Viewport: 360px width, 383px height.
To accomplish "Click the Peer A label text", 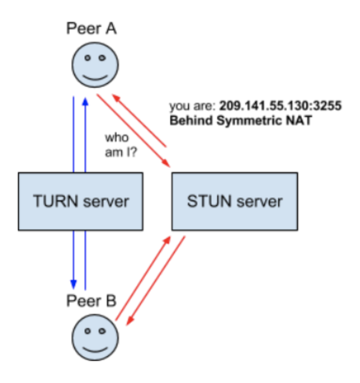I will click(x=91, y=29).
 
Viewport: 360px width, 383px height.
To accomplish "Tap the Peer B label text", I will click(x=91, y=301).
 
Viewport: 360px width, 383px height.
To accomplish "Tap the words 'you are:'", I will click(x=192, y=107).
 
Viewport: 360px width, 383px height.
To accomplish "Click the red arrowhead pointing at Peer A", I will click(x=115, y=97).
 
